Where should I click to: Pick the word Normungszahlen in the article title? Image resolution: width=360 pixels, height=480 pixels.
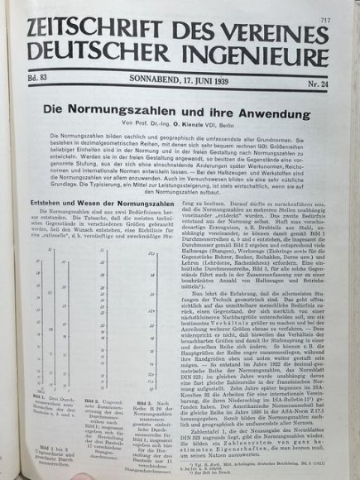coord(156,109)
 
